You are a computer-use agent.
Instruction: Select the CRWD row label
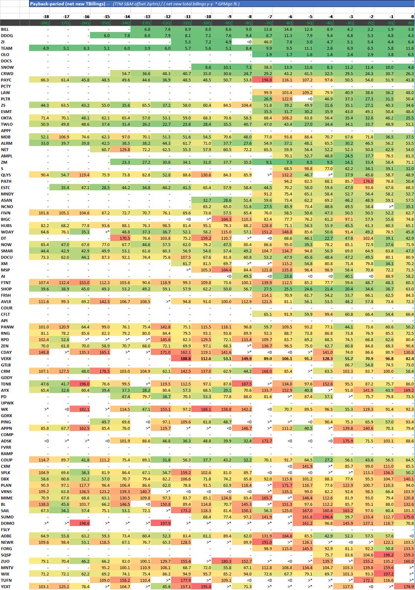[8, 73]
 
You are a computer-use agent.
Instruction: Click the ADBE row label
[8, 535]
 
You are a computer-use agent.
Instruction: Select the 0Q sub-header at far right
[409, 23]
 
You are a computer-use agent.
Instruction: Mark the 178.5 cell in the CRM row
[104, 371]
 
